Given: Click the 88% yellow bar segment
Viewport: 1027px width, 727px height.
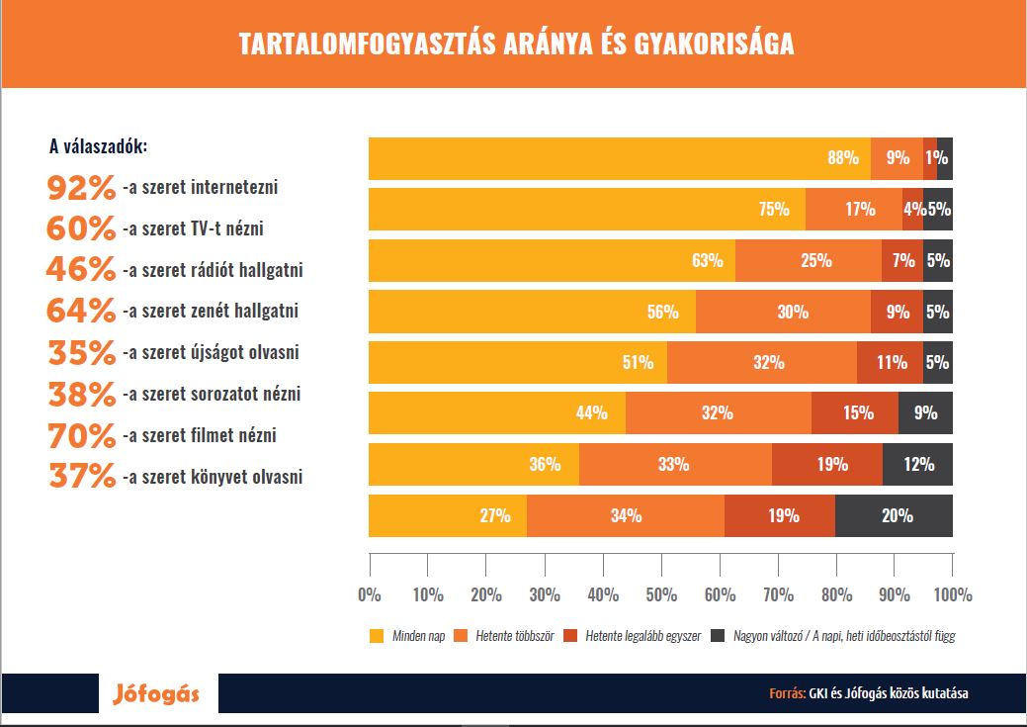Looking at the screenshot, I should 619,158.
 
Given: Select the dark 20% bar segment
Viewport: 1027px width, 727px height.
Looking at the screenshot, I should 894,516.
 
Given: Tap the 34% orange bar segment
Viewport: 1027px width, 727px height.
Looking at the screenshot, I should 626,516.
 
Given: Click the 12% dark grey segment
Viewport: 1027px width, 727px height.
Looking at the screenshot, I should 917,465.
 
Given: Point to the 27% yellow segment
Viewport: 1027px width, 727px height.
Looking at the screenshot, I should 448,516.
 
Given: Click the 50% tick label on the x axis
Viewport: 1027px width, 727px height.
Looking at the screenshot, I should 661,595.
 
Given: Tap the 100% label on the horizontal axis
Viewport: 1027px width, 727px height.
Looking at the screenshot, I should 952,595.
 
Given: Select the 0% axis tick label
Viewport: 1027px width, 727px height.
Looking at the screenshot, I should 369,595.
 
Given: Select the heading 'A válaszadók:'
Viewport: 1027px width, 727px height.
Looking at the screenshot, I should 99,147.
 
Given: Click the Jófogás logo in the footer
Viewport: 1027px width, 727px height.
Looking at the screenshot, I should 154,693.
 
